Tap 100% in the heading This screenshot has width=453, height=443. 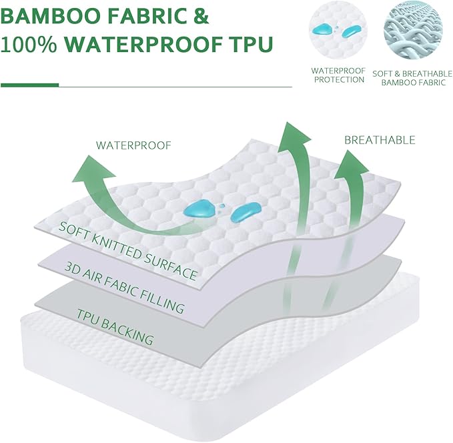30,45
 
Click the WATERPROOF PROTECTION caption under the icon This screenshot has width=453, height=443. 338,75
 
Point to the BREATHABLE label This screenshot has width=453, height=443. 380,140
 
